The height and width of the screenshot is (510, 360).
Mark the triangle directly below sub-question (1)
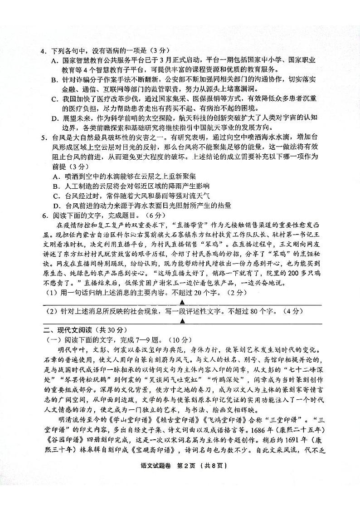click(181, 302)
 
